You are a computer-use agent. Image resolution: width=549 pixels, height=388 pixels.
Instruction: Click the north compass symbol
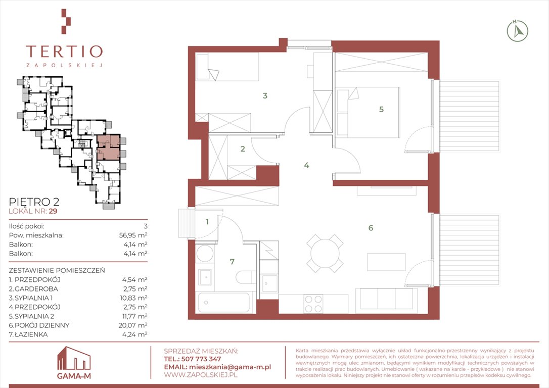[x=518, y=31]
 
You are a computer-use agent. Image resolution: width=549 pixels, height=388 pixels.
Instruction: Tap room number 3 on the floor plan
[x=265, y=95]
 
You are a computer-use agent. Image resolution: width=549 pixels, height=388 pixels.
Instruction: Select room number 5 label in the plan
[x=381, y=109]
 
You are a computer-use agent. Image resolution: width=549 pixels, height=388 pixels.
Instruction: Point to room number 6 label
[x=371, y=228]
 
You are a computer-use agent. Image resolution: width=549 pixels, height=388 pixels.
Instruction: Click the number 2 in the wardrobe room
[x=243, y=149]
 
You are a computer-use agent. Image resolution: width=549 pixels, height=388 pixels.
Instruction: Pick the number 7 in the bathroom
[x=232, y=261]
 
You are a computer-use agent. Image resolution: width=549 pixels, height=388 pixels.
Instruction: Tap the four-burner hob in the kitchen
[x=314, y=304]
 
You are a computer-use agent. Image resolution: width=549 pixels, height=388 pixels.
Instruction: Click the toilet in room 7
[x=246, y=277]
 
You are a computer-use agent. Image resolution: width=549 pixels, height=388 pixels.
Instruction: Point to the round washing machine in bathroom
[x=205, y=253]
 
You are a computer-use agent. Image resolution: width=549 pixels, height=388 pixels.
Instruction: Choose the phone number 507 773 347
[x=201, y=359]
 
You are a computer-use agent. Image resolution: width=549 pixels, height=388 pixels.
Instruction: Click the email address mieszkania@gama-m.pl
[x=230, y=367]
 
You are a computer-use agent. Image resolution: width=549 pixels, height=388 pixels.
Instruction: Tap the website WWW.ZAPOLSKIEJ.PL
[x=201, y=375]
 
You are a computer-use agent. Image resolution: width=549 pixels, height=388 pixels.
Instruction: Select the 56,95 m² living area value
[x=133, y=235]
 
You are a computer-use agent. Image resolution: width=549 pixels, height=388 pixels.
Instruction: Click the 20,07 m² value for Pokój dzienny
[x=133, y=325]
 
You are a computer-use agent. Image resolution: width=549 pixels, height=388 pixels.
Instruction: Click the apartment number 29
[x=53, y=211]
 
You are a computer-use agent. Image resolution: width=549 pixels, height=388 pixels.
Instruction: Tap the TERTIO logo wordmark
[x=64, y=51]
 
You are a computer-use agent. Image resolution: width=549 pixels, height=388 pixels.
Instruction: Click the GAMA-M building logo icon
[x=74, y=358]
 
